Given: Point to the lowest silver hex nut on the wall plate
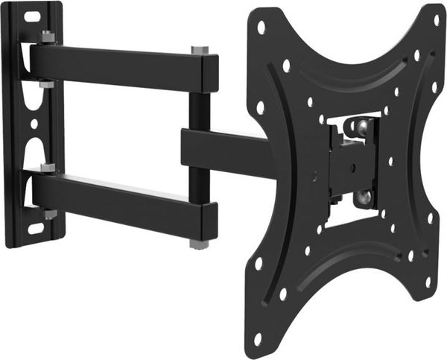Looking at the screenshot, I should click(x=49, y=215).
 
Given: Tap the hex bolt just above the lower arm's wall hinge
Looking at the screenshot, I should click(x=48, y=168).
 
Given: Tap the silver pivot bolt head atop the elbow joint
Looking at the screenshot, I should click(x=200, y=50).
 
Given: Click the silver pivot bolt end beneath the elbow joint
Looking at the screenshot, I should click(x=199, y=244).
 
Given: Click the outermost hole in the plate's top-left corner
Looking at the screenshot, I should click(x=261, y=27).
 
